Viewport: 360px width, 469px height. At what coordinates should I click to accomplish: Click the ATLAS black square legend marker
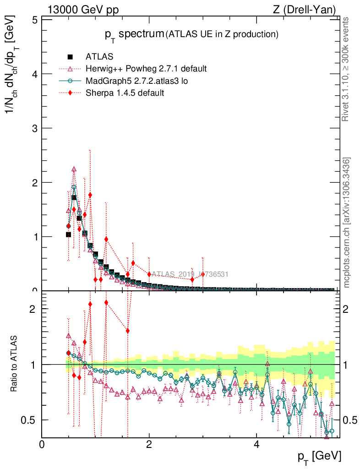tap(70, 57)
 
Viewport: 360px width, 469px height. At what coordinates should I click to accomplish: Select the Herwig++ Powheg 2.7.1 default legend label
tap(146, 69)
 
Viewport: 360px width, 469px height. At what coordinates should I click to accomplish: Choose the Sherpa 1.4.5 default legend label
tap(125, 93)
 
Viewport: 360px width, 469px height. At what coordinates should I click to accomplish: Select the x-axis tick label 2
tap(149, 444)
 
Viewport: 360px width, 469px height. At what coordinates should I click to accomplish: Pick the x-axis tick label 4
tap(256, 444)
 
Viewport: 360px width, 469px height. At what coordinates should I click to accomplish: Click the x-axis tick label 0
tap(42, 444)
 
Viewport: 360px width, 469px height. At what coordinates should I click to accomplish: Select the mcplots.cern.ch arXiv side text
tap(347, 222)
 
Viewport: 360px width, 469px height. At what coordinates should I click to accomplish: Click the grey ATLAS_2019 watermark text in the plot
tap(190, 274)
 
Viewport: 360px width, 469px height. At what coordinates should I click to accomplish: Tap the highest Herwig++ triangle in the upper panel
tap(74, 169)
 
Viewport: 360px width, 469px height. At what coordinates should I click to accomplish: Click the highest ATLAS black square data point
tap(74, 197)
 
